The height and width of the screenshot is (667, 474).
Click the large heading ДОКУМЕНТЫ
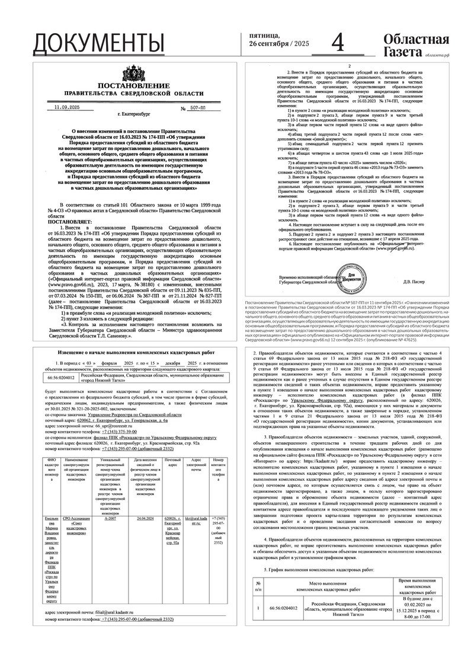coord(98,42)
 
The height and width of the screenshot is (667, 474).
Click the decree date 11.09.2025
coord(66,107)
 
